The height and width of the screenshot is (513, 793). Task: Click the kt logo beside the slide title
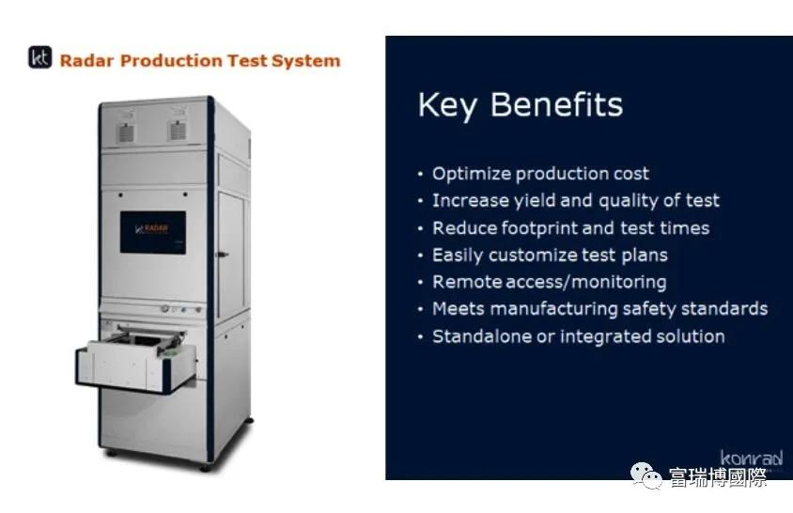click(x=40, y=57)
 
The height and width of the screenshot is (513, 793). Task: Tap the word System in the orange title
click(x=306, y=61)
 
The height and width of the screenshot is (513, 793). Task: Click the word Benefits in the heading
click(x=557, y=104)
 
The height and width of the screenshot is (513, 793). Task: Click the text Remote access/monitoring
click(x=550, y=282)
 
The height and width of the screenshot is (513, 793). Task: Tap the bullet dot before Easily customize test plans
click(x=420, y=256)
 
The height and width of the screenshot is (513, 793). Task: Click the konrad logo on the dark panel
click(x=752, y=458)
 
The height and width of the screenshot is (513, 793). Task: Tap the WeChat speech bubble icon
click(x=645, y=476)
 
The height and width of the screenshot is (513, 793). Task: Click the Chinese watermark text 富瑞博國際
click(x=718, y=477)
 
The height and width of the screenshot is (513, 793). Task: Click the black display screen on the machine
click(x=153, y=232)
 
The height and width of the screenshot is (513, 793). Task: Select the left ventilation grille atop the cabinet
click(x=126, y=132)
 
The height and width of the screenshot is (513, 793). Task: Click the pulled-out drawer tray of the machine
click(x=135, y=359)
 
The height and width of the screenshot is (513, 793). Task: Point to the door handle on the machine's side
click(x=222, y=255)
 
